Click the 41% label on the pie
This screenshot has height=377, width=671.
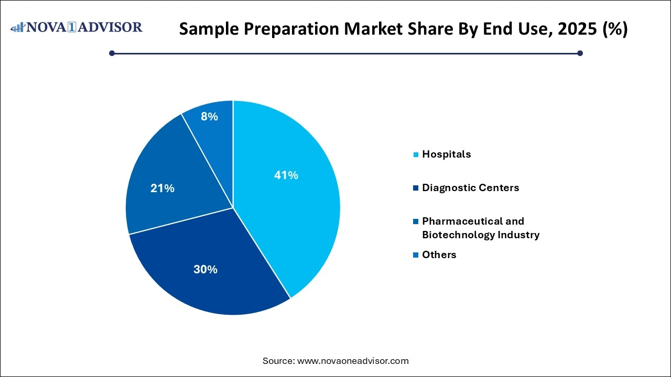tap(286, 175)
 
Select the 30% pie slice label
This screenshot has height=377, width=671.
tap(205, 269)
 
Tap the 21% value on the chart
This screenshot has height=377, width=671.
tap(162, 188)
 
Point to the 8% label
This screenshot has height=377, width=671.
tap(209, 117)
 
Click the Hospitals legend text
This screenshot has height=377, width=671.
tap(446, 154)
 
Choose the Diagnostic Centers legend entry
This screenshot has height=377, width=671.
tap(470, 187)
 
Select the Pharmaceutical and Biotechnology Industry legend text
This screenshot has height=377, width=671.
tap(480, 228)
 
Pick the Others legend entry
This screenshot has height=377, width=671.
tap(439, 254)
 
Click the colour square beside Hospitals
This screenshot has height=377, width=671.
tap(416, 154)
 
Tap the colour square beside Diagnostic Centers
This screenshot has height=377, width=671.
tap(416, 188)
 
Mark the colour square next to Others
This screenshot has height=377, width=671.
tap(416, 255)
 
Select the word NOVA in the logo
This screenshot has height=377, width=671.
tap(49, 27)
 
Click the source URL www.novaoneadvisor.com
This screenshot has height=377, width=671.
tap(352, 361)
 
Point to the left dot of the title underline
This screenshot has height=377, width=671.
tap(112, 53)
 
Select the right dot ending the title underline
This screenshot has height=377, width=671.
tap(580, 53)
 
